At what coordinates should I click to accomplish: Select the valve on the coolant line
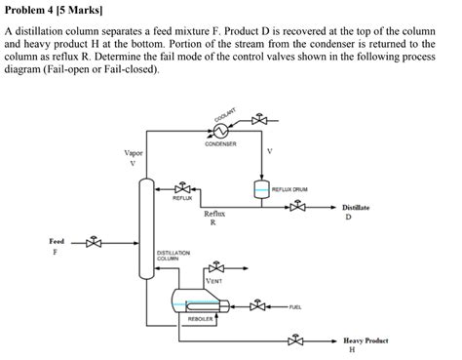point(258,121)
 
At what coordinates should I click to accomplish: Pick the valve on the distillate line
point(297,207)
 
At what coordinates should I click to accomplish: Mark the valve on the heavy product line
point(296,341)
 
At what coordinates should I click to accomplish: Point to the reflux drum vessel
point(260,189)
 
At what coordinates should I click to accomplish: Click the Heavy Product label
point(366,340)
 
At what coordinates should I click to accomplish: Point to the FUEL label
point(294,307)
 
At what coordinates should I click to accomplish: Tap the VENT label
point(213,281)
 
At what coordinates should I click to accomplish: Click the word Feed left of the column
point(58,240)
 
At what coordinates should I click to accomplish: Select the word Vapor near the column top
point(135,153)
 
